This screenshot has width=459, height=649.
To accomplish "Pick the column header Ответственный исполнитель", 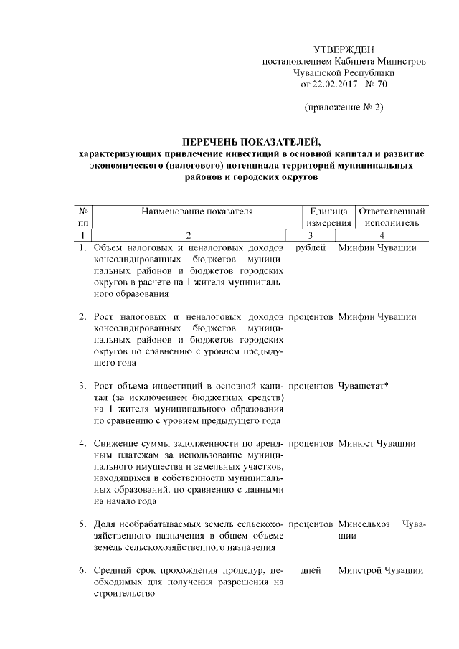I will pos(391,218).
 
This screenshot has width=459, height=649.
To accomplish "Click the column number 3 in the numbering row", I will pos(311,235).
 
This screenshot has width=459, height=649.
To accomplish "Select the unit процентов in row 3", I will pos(311,386).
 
